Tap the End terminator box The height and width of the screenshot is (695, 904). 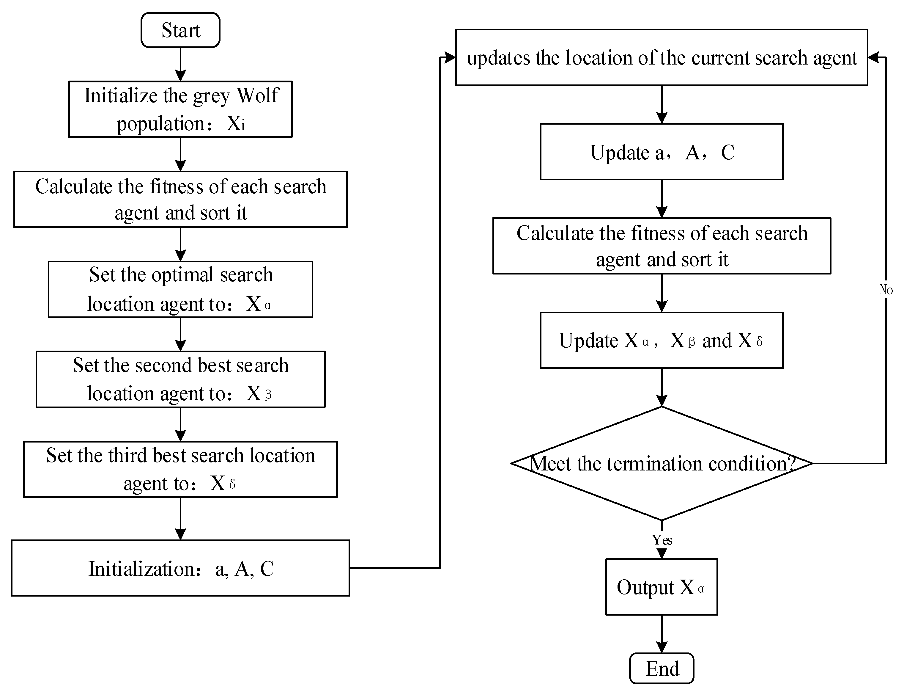[662, 668]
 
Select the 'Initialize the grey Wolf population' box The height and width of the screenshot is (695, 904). [180, 109]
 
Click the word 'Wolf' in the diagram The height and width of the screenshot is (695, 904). [258, 95]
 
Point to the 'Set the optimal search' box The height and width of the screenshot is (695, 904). [180, 289]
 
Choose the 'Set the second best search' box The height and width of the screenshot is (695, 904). [180, 379]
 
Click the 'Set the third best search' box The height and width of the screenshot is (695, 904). [180, 469]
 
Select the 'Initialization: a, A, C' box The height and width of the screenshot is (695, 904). [180, 568]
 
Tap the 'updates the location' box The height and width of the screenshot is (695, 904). [662, 57]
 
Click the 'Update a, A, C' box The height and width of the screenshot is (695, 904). [662, 152]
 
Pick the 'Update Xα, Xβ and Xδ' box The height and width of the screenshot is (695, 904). [662, 340]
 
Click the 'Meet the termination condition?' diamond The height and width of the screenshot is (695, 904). [662, 463]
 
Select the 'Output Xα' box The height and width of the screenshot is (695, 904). [662, 587]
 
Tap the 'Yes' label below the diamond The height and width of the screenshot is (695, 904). [662, 540]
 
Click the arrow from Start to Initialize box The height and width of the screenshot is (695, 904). [180, 64]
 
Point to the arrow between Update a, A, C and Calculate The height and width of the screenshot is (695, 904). [662, 199]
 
